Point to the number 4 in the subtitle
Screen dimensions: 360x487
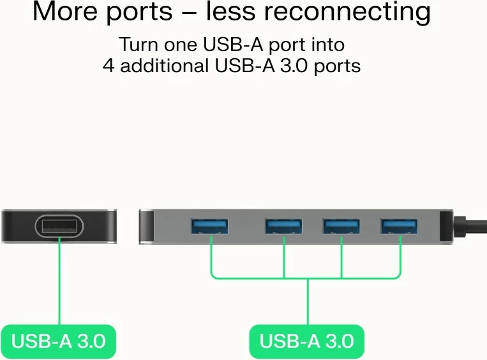(x=109, y=66)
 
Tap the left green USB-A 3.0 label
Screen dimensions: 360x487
(x=58, y=341)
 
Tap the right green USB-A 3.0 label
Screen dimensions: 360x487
(x=306, y=341)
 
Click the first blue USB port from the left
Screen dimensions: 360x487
(x=209, y=226)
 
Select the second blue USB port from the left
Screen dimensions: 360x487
(x=284, y=226)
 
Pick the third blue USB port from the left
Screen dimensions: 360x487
(x=341, y=226)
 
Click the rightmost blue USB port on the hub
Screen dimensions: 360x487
(x=399, y=226)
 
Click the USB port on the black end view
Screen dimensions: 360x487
(x=59, y=226)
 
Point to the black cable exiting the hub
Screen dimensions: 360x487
(x=472, y=227)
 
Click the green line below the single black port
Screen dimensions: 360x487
(x=59, y=281)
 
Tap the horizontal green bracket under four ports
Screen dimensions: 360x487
(x=306, y=278)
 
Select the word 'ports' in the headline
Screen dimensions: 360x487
(x=135, y=13)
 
